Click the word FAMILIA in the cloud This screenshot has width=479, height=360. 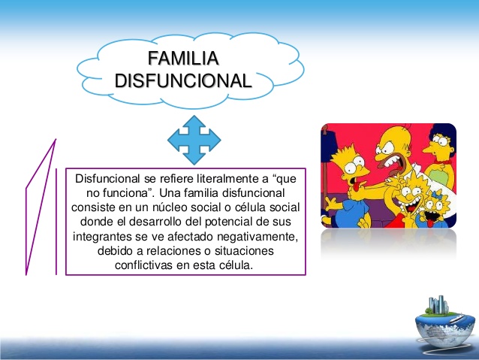[x=183, y=58]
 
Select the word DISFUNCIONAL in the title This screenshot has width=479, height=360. [x=183, y=81]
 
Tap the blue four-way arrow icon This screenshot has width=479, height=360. [x=194, y=140]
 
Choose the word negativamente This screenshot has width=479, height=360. [x=258, y=237]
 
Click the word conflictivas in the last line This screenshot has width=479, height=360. [x=143, y=265]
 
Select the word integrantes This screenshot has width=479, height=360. [x=103, y=237]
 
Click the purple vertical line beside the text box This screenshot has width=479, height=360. [x=56, y=222]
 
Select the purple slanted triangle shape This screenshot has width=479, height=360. [x=39, y=208]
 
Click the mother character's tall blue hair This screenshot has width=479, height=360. [x=443, y=134]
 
